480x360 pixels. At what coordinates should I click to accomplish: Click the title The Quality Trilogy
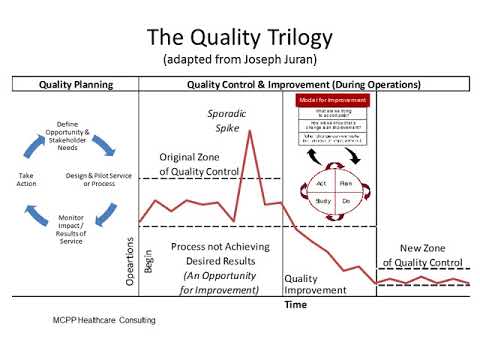point(239,37)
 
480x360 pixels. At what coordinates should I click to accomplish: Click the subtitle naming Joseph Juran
point(239,59)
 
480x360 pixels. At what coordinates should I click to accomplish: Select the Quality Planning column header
point(73,85)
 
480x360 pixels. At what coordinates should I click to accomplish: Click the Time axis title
point(296,303)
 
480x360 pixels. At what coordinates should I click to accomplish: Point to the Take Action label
point(27,180)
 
